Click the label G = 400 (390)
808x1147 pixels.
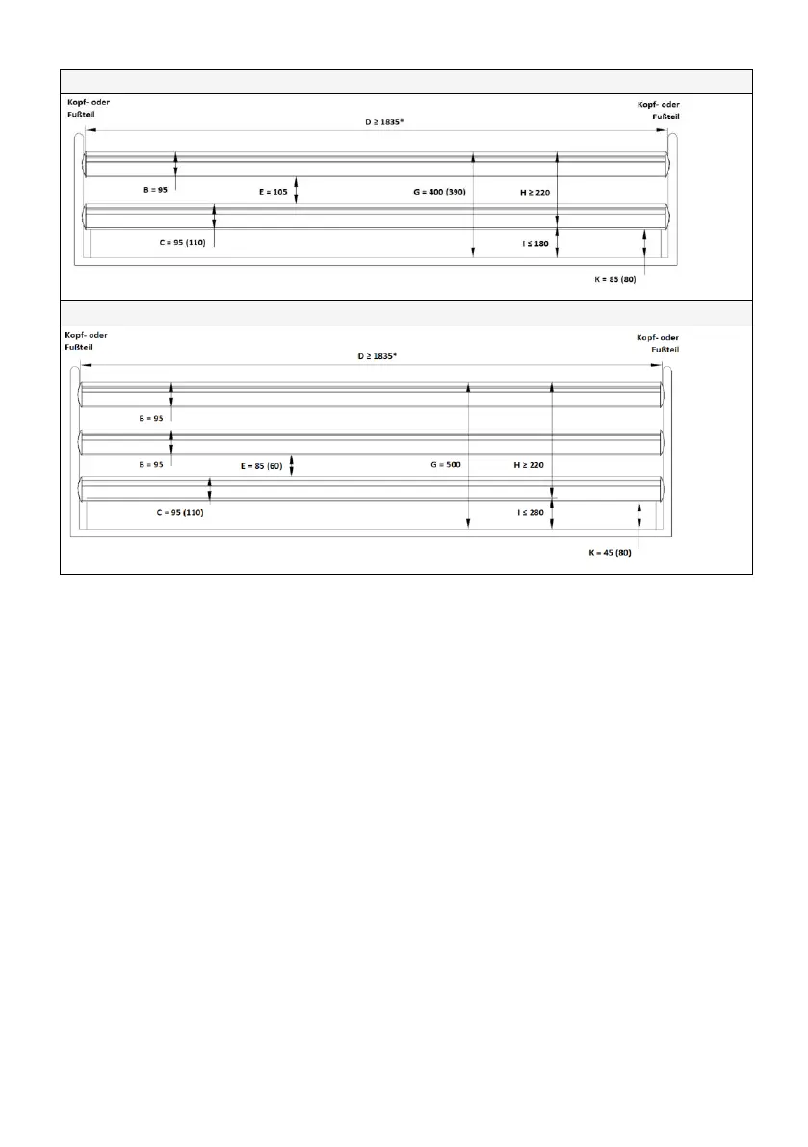click(x=439, y=192)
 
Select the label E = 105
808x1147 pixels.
click(x=274, y=192)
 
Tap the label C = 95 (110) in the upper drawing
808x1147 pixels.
click(x=184, y=243)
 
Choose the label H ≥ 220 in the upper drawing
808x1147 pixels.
click(x=534, y=192)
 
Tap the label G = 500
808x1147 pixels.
click(x=446, y=464)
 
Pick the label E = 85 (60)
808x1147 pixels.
click(x=262, y=465)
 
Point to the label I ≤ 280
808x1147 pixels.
click(x=530, y=512)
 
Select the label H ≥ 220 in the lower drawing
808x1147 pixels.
click(x=529, y=464)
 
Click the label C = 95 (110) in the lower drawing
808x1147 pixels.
click(x=180, y=512)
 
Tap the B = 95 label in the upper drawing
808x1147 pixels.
click(x=148, y=191)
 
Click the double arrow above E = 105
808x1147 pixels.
click(x=298, y=190)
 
